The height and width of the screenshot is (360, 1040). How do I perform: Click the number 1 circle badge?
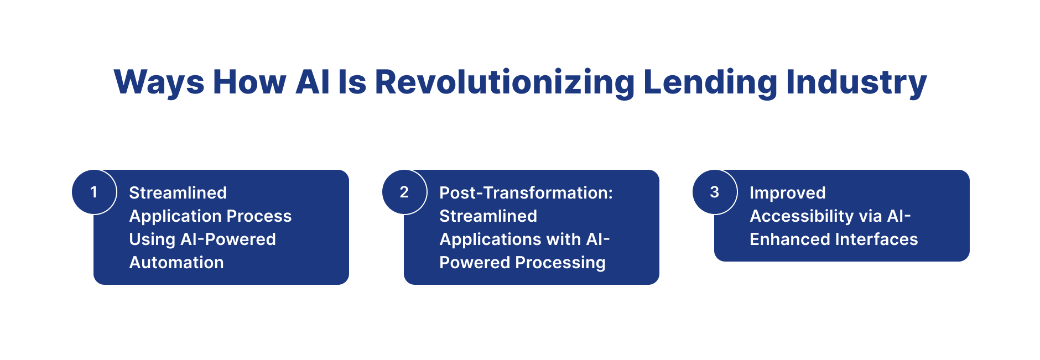94,192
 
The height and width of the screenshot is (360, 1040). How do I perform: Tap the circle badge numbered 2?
404,192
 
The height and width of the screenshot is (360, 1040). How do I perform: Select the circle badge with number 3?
715,192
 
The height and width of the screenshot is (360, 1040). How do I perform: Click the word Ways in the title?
159,83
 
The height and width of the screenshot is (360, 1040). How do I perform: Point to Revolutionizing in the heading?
505,83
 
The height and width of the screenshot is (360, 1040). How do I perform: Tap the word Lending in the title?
710,83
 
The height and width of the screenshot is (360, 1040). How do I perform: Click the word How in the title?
249,82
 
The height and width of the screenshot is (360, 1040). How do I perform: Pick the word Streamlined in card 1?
178,192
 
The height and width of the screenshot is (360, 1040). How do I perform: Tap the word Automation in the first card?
176,262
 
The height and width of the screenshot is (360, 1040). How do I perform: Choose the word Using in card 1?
152,239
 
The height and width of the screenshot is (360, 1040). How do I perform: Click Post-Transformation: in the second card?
526,192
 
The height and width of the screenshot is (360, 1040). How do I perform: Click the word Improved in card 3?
788,193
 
